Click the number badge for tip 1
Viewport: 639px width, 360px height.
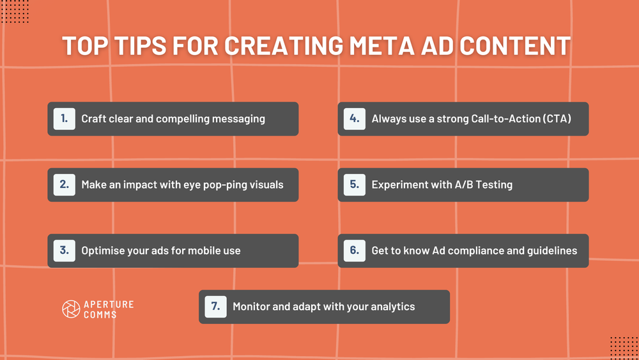point(65,119)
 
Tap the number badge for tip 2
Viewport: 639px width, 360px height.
point(65,185)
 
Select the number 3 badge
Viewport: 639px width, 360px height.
point(65,251)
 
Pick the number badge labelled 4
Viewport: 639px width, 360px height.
point(355,119)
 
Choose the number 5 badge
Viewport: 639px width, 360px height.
point(355,185)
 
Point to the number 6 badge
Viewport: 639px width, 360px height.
point(355,251)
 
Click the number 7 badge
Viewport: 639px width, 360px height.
point(216,307)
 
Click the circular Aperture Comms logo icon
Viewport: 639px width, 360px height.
point(71,309)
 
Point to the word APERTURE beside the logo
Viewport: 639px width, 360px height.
point(109,304)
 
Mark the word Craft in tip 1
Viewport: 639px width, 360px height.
point(94,119)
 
